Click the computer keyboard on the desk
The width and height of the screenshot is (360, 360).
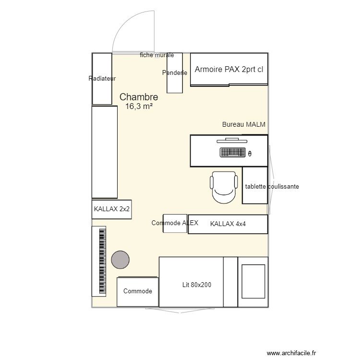pyautogui.click(x=233, y=153)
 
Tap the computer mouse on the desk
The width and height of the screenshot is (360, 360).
pyautogui.click(x=250, y=154)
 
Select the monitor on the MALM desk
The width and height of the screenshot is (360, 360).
pyautogui.click(x=232, y=141)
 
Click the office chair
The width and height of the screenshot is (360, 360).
pyautogui.click(x=224, y=187)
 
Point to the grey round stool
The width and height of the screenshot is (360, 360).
pyautogui.click(x=120, y=260)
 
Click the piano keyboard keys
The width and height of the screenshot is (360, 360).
pyautogui.click(x=102, y=261)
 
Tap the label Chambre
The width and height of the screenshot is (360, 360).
pyautogui.click(x=139, y=97)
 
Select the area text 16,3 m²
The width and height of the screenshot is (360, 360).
pyautogui.click(x=139, y=106)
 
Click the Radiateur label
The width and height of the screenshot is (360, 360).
pyautogui.click(x=102, y=79)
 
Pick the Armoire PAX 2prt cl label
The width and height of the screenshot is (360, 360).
pyautogui.click(x=229, y=69)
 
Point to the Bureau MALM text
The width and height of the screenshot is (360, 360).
pyautogui.click(x=243, y=124)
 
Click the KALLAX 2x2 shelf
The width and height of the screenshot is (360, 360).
pyautogui.click(x=112, y=209)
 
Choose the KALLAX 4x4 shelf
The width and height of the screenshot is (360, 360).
pyautogui.click(x=228, y=224)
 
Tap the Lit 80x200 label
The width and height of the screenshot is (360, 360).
pyautogui.click(x=197, y=285)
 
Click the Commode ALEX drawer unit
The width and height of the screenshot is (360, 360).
pyautogui.click(x=175, y=223)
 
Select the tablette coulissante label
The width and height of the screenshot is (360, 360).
pyautogui.click(x=272, y=186)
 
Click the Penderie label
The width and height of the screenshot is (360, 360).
pyautogui.click(x=175, y=73)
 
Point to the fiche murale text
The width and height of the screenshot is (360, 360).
pyautogui.click(x=157, y=55)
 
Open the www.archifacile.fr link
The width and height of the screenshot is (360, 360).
pyautogui.click(x=291, y=353)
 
